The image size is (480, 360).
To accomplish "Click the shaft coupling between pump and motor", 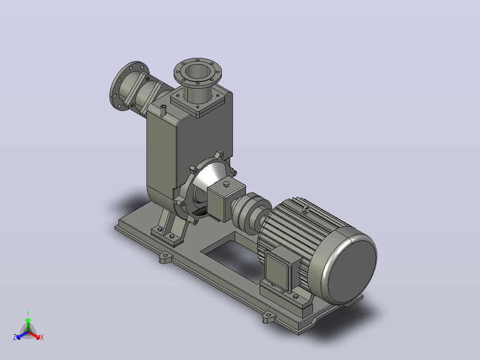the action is (x=251, y=213).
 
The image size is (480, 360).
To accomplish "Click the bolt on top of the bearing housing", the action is (x=227, y=184).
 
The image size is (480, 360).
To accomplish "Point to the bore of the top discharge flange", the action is (x=198, y=73).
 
